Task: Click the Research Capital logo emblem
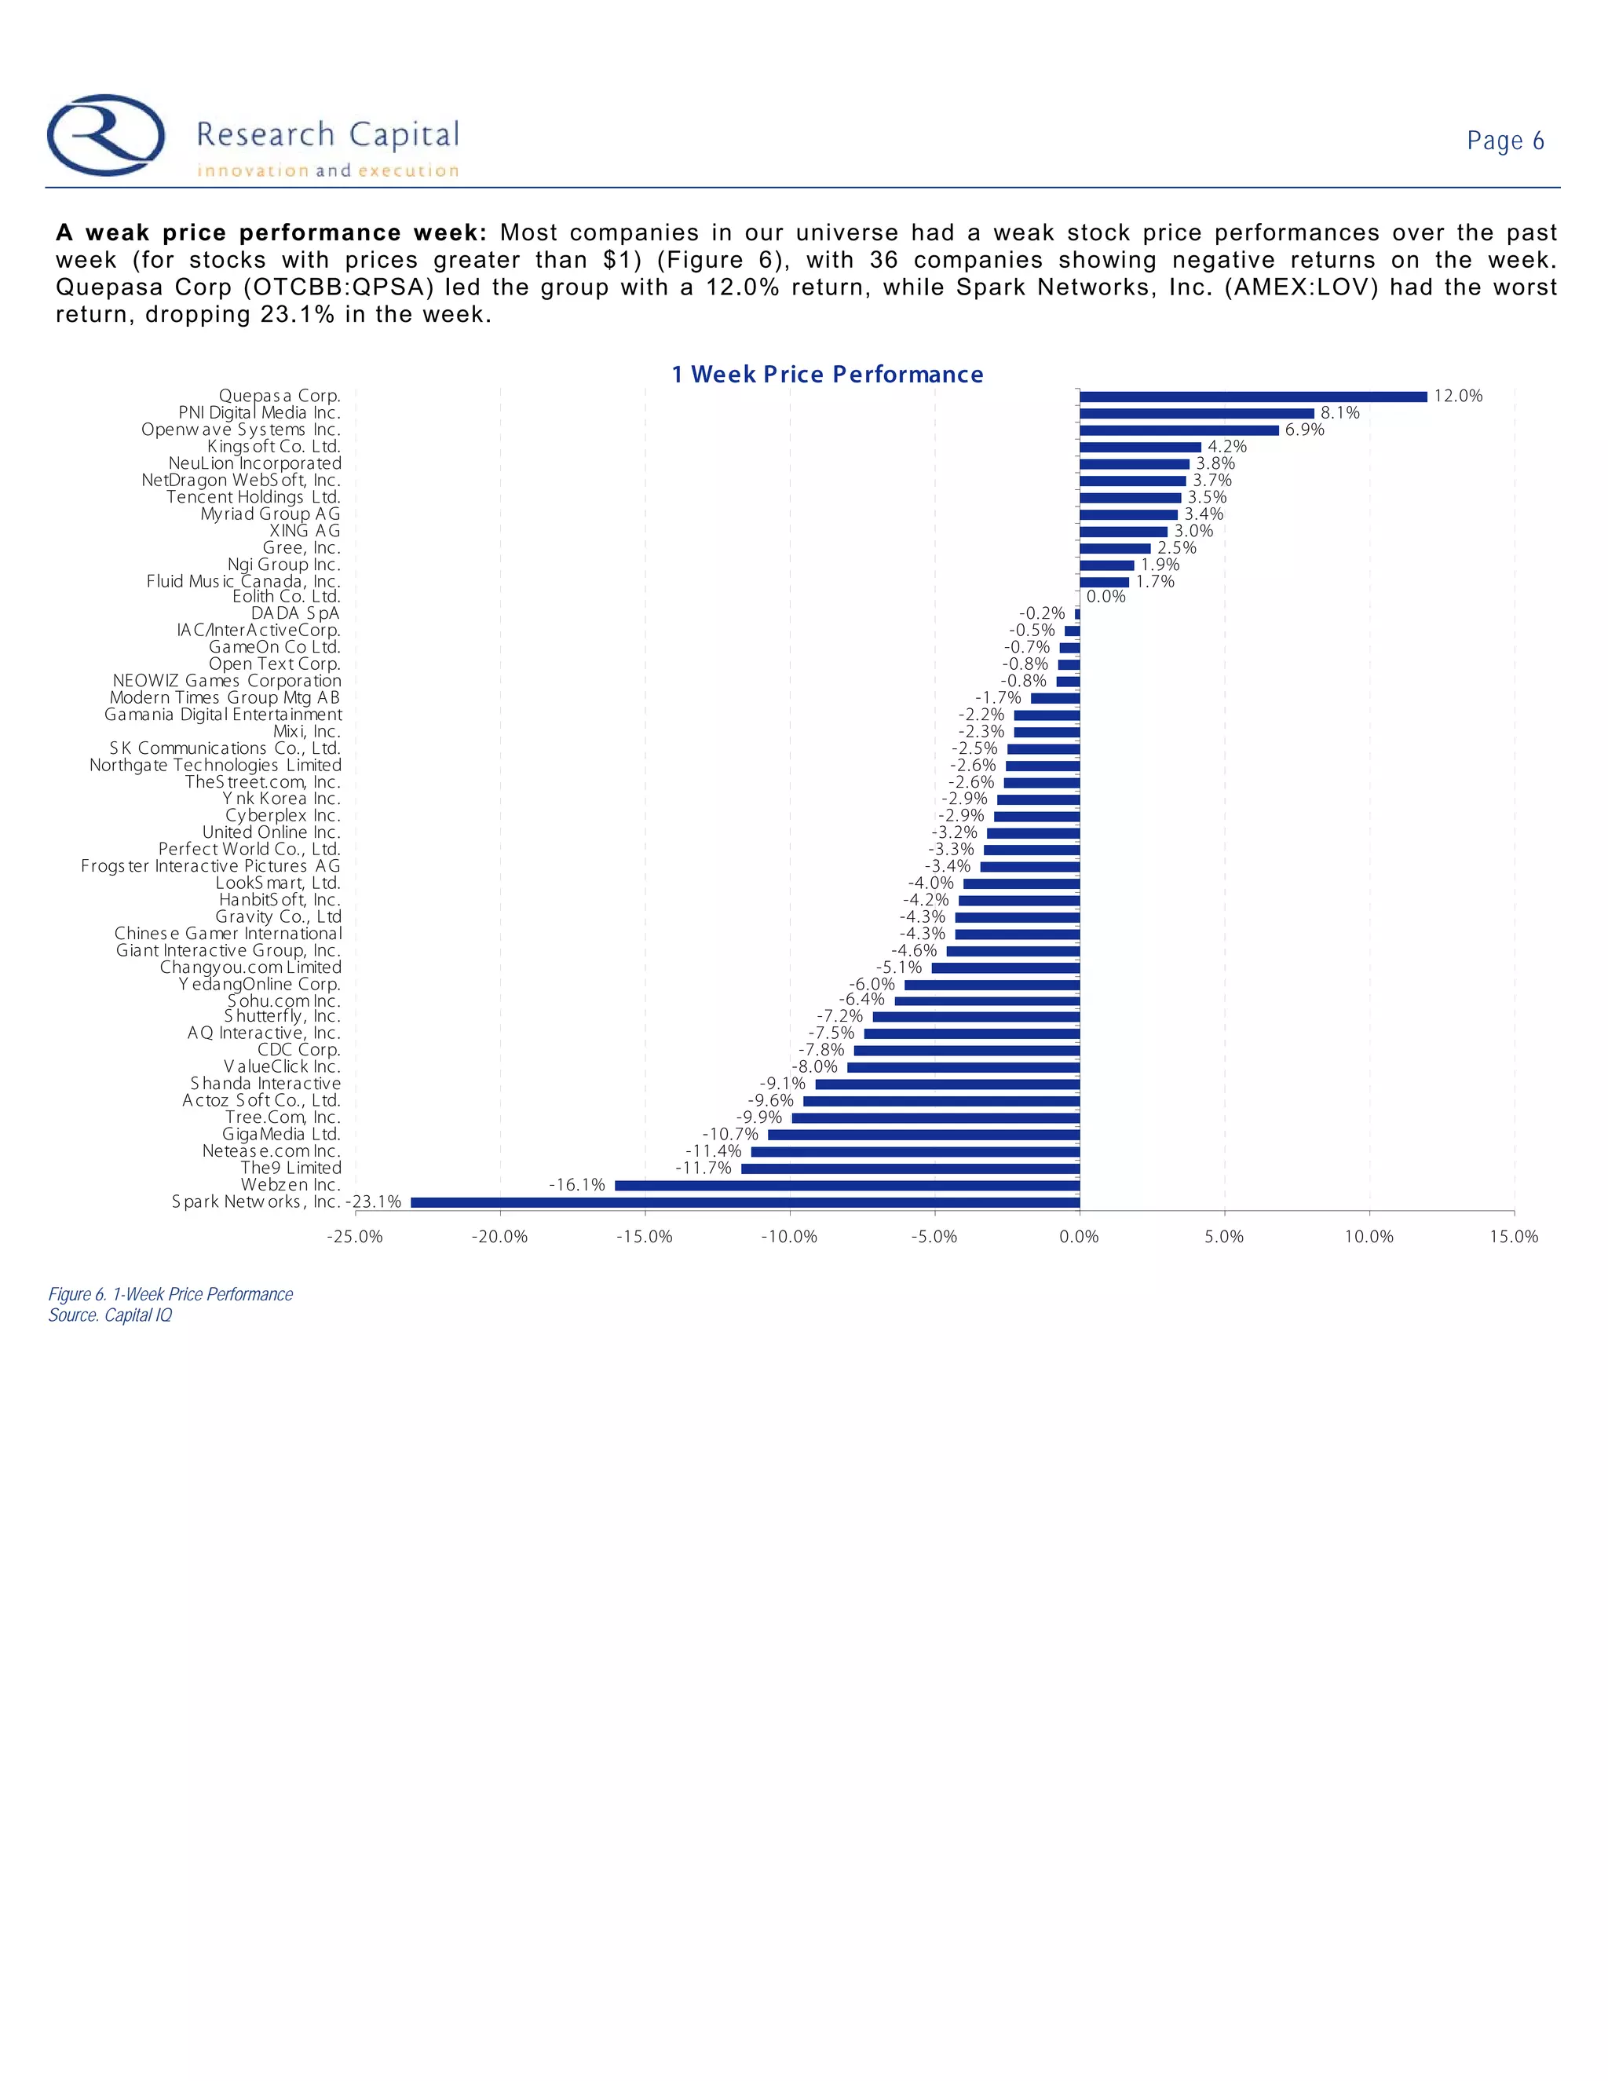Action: (106, 135)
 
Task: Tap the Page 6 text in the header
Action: (1504, 141)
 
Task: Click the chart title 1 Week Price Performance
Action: (827, 375)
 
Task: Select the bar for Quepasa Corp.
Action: (1252, 397)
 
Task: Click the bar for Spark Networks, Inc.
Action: (745, 1202)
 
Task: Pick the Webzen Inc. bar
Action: (847, 1185)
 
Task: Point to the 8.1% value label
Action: (1339, 412)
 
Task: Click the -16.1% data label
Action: (576, 1184)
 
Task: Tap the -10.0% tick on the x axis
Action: (789, 1237)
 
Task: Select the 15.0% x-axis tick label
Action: (1514, 1237)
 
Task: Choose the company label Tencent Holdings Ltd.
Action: (254, 497)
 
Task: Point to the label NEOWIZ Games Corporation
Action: (227, 682)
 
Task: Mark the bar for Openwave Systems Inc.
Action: (1179, 430)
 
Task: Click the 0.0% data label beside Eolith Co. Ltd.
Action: (1106, 597)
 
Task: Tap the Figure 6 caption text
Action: (170, 1294)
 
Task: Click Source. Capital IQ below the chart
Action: (111, 1315)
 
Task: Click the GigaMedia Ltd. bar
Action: (923, 1135)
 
